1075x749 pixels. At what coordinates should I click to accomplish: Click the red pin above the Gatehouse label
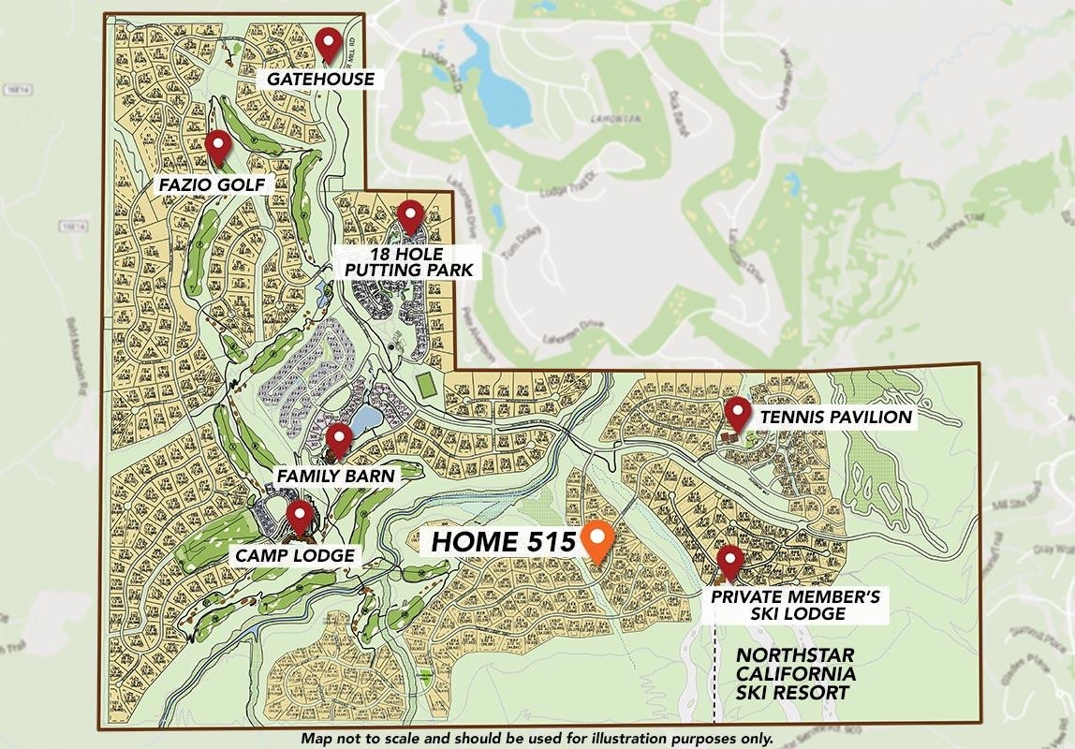coord(327,42)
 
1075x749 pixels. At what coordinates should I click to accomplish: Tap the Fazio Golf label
coord(214,184)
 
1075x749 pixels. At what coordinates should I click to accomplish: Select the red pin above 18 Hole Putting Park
coord(410,215)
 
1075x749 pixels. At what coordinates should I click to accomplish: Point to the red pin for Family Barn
coord(338,437)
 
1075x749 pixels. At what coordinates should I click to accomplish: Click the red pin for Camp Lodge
coord(300,516)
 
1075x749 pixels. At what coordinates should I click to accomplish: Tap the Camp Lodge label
coord(295,555)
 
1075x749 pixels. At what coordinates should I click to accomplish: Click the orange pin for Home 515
coord(597,539)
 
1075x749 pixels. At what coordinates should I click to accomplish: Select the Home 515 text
coord(502,542)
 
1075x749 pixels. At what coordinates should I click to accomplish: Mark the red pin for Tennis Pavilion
coord(738,412)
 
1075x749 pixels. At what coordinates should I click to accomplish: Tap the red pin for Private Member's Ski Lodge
coord(729,562)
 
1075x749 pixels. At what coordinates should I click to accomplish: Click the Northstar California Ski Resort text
coord(794,673)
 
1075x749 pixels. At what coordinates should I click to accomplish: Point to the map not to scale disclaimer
coord(537,739)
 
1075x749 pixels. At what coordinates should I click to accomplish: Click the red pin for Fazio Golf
coord(218,145)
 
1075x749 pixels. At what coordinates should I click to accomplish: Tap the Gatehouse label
coord(320,79)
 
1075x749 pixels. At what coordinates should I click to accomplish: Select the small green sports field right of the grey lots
coord(426,383)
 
